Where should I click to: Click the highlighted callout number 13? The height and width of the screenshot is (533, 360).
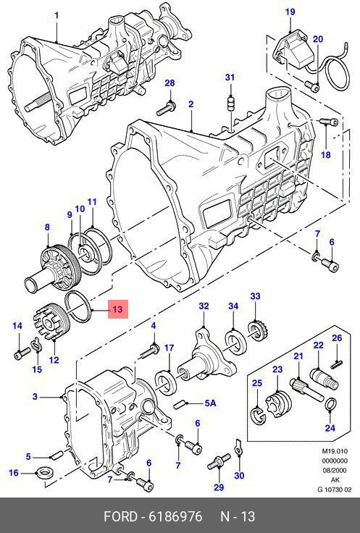[x=117, y=310]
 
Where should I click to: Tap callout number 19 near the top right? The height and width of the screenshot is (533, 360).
[x=290, y=12]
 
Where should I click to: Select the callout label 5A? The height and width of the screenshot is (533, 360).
[x=211, y=403]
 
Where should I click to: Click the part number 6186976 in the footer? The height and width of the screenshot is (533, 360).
[x=175, y=516]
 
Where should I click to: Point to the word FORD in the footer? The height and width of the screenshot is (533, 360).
[x=120, y=516]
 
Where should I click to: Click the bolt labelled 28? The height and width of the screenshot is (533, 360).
[x=166, y=108]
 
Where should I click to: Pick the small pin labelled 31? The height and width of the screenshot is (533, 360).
[x=230, y=103]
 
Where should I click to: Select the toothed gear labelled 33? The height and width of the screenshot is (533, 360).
[x=259, y=331]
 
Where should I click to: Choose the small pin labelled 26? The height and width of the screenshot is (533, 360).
[x=337, y=364]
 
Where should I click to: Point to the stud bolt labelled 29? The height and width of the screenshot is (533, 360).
[x=219, y=461]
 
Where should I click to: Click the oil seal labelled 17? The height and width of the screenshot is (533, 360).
[x=165, y=383]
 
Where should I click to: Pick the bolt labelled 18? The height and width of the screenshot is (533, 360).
[x=329, y=122]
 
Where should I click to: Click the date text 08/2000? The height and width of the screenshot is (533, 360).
[x=335, y=471]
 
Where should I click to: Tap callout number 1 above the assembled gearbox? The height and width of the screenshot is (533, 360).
[x=56, y=16]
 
